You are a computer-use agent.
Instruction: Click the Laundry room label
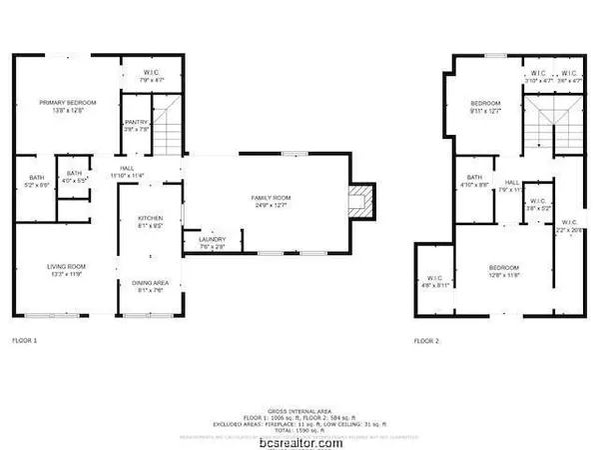[212, 240]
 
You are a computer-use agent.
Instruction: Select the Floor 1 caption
[24, 341]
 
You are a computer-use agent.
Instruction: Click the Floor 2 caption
[426, 341]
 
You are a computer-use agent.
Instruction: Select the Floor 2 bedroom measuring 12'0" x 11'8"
[504, 268]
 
